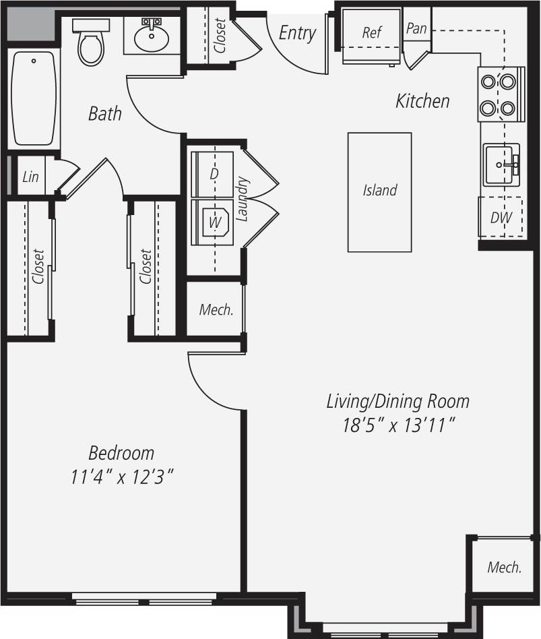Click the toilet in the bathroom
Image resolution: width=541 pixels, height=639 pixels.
coord(91,44)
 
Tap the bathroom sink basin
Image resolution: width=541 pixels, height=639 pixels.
coord(152,38)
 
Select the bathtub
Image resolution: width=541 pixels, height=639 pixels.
coord(34,98)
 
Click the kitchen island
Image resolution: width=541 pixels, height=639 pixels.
coord(379,192)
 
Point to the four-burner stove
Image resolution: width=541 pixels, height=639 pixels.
coord(501,94)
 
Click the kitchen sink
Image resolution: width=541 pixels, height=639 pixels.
coord(501,164)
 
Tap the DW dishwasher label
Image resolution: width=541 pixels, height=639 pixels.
coord(500,218)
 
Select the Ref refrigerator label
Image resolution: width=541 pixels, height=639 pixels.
coord(372,32)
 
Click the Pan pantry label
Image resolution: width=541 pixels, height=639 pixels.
coord(416,30)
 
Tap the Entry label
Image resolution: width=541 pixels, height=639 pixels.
coord(297,33)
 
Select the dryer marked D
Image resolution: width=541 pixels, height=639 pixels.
coord(214,173)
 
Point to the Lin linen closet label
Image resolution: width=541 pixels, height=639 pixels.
coord(30,177)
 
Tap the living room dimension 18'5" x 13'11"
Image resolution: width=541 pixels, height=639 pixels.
coord(397,425)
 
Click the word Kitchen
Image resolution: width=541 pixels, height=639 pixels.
coord(422,101)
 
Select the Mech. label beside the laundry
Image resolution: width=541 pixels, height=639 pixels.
coord(216,310)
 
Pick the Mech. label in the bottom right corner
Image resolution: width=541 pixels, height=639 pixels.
coord(505,567)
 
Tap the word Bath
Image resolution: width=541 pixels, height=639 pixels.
coord(105,113)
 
